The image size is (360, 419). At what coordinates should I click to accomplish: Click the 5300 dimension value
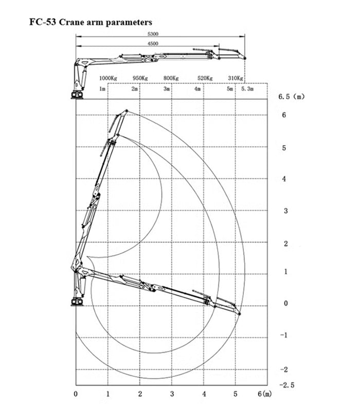click(x=153, y=34)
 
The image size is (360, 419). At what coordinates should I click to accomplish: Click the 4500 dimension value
click(x=153, y=44)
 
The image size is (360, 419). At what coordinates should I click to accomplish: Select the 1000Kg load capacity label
click(x=108, y=78)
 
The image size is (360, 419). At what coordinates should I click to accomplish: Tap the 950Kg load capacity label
click(x=140, y=78)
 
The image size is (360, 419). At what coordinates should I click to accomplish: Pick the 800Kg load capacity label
click(x=171, y=78)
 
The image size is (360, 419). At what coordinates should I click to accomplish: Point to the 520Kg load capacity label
click(x=205, y=78)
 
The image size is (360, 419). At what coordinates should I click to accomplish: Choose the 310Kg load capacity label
click(x=236, y=78)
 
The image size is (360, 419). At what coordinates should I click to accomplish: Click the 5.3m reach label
click(x=247, y=89)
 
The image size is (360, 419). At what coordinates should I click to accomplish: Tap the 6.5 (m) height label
click(x=292, y=97)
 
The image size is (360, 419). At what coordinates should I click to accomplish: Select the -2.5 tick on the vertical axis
click(x=287, y=385)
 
